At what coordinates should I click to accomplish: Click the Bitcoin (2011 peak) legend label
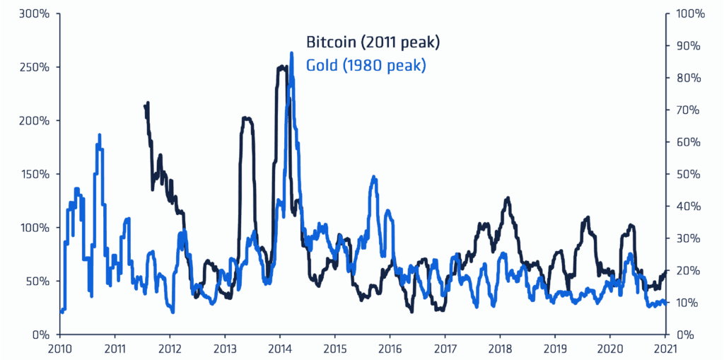373,42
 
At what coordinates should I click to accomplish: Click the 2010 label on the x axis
59,348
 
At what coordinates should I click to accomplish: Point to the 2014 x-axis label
279,348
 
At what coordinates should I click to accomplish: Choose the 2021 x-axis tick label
665,348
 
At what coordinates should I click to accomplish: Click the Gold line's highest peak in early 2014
292,53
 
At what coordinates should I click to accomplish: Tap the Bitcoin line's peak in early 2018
507,199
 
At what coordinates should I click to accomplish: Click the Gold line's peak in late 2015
374,178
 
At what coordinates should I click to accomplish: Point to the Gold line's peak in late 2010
100,135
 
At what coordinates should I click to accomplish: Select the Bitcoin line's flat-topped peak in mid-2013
247,119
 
